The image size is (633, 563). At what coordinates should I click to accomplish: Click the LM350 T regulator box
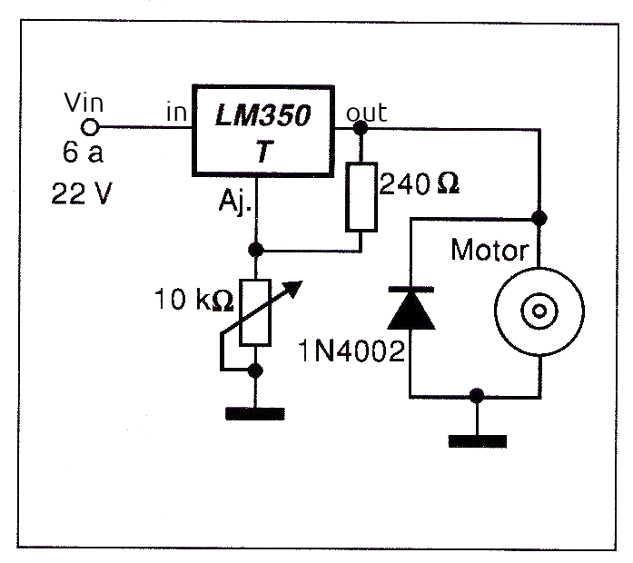262,129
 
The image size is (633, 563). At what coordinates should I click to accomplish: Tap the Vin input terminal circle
90,128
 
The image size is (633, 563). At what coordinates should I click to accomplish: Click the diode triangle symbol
410,309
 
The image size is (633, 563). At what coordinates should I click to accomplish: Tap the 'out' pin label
366,114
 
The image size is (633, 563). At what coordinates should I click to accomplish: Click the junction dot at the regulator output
361,128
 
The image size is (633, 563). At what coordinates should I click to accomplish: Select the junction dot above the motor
539,218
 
